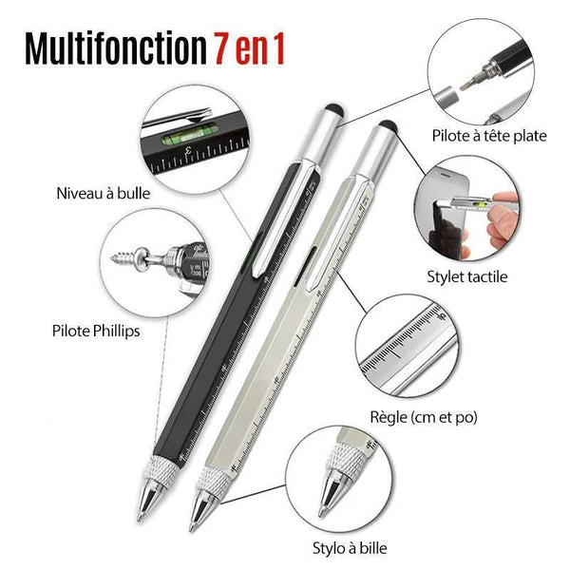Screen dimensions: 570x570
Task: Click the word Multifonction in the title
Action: pyautogui.click(x=115, y=48)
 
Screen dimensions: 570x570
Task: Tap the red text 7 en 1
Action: pyautogui.click(x=249, y=48)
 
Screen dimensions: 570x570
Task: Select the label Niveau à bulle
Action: pyautogui.click(x=104, y=193)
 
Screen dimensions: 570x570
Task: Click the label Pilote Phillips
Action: pyautogui.click(x=96, y=332)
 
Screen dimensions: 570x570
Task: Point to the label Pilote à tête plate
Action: pyautogui.click(x=489, y=136)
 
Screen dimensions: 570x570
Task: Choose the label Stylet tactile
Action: pyautogui.click(x=467, y=276)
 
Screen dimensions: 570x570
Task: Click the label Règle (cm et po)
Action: pyautogui.click(x=424, y=417)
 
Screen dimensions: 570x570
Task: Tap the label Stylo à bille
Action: pyautogui.click(x=350, y=548)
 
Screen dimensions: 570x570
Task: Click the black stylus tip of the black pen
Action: pyautogui.click(x=334, y=109)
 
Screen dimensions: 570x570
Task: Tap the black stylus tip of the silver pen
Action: pyautogui.click(x=388, y=125)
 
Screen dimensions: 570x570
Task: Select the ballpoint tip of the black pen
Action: pyautogui.click(x=141, y=518)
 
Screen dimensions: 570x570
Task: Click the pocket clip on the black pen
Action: pyautogui.click(x=281, y=219)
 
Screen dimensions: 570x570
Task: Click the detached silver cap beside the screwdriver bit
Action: pyautogui.click(x=446, y=97)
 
